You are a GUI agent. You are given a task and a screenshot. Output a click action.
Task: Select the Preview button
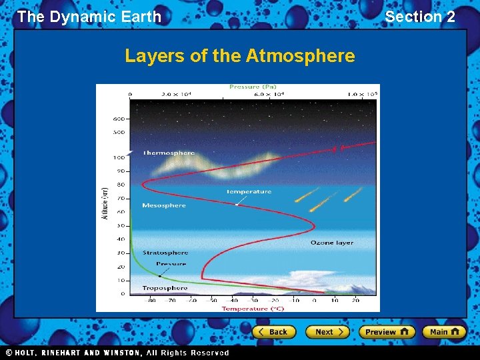tap(387, 331)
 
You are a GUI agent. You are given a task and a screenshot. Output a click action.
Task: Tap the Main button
tap(445, 331)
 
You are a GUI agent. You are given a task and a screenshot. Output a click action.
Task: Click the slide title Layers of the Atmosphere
tap(239, 56)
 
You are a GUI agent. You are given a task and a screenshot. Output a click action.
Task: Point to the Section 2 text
tap(420, 17)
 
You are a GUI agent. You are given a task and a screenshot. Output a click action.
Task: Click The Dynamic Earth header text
tap(89, 17)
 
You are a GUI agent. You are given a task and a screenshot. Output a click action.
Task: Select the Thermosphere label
tap(169, 153)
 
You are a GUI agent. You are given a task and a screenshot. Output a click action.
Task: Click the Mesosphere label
tap(164, 205)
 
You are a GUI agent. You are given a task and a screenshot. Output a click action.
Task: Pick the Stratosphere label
tap(165, 253)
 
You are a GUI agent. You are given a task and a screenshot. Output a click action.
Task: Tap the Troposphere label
tap(165, 288)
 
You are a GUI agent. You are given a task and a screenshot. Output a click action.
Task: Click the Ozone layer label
tap(331, 243)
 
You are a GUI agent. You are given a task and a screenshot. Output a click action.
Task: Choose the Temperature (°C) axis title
tap(253, 308)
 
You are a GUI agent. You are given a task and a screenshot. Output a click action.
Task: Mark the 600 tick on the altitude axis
tap(119, 119)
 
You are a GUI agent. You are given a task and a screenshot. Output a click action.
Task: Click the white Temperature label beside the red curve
tap(249, 191)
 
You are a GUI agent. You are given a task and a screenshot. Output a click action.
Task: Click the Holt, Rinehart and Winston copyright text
tap(117, 353)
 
